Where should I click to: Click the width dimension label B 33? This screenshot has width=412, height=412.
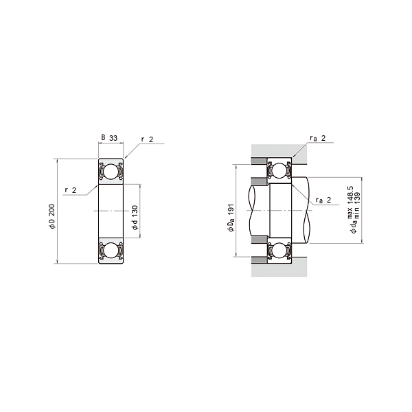[x=109, y=138]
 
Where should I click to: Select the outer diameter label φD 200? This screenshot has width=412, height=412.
[x=52, y=216]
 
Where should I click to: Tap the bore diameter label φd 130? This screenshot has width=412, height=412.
[x=135, y=218]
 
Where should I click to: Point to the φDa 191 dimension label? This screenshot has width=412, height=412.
[x=231, y=218]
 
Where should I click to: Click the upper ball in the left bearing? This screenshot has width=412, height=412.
[x=111, y=172]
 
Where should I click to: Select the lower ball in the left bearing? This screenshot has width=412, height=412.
[x=111, y=250]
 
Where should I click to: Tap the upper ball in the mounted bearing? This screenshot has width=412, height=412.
[x=279, y=170]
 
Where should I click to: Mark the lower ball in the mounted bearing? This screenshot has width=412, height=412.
[x=279, y=250]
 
